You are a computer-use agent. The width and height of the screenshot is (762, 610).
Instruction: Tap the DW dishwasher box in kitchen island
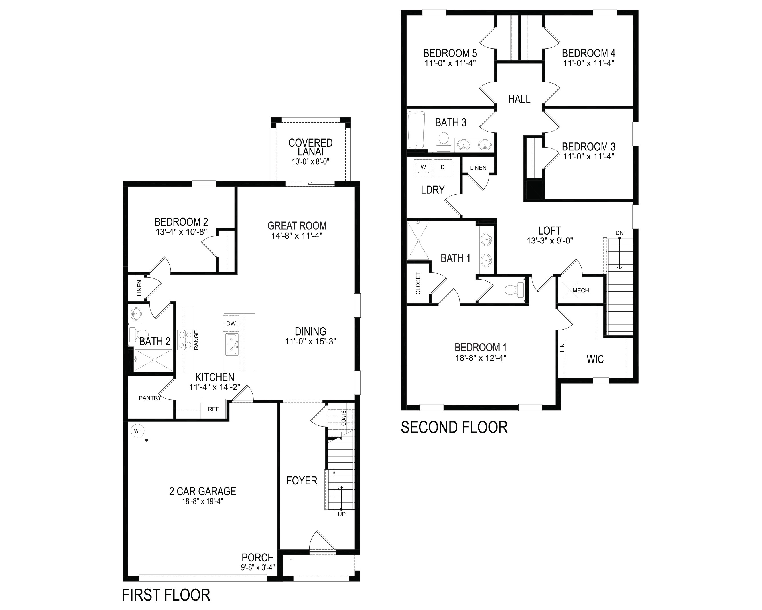click(231, 323)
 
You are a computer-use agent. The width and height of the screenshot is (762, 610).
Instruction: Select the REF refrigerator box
click(214, 409)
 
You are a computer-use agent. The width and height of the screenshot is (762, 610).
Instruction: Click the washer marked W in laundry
click(423, 167)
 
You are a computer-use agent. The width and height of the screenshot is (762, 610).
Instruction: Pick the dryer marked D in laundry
click(442, 167)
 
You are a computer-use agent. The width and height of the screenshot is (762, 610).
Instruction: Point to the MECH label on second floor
click(581, 290)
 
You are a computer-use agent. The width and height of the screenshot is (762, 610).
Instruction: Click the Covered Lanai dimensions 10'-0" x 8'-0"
click(310, 162)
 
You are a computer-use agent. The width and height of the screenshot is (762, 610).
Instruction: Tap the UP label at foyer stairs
click(342, 514)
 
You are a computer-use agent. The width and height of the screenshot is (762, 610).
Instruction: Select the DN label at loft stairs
click(619, 233)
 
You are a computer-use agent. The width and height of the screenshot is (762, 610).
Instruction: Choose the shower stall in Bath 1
click(418, 241)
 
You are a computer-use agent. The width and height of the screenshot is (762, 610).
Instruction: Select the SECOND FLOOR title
click(454, 427)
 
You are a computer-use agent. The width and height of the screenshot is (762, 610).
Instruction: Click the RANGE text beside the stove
click(196, 340)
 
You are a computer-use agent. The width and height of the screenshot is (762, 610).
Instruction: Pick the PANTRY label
click(150, 398)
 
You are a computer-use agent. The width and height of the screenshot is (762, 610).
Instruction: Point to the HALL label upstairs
click(519, 99)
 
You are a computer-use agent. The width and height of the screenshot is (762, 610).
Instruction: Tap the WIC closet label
click(595, 359)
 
